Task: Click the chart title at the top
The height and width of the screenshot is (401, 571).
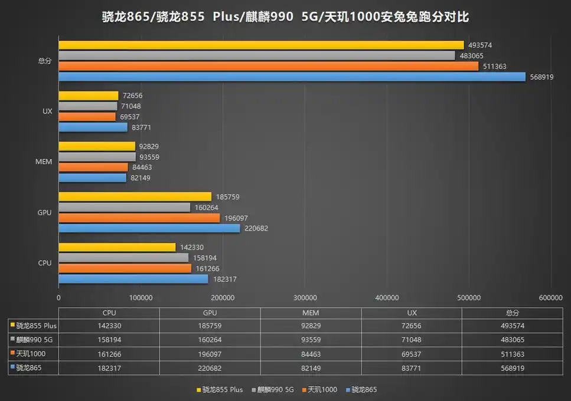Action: [x=285, y=17]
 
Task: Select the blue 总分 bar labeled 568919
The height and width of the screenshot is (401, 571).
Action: [x=292, y=77]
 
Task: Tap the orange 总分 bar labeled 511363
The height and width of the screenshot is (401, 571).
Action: [x=268, y=66]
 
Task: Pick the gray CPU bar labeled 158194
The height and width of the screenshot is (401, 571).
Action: [x=123, y=258]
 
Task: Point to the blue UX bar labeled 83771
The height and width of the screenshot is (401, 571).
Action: [x=93, y=127]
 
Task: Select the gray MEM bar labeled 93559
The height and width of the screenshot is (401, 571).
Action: [x=97, y=157]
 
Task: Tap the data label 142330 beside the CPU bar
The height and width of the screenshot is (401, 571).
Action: [x=191, y=248]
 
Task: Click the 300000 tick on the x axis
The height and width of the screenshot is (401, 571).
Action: [x=305, y=298]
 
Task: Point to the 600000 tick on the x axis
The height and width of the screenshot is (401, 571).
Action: [x=551, y=298]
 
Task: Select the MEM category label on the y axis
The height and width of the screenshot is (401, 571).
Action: [x=44, y=162]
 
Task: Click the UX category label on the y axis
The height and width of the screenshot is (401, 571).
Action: [x=47, y=111]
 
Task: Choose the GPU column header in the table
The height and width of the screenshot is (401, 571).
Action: [x=210, y=313]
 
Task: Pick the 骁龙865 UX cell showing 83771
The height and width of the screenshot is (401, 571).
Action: [x=411, y=368]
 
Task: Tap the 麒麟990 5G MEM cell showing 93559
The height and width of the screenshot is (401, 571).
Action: [x=311, y=340]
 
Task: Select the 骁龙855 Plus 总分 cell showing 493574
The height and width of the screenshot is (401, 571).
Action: [x=512, y=326]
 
